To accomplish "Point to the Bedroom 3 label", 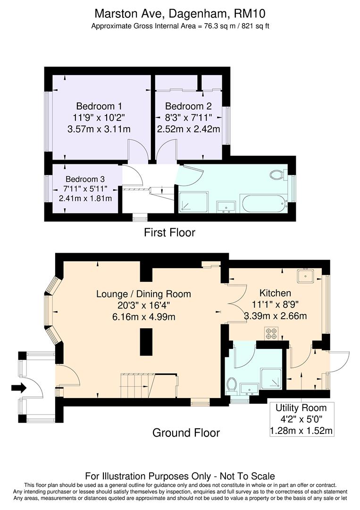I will pyautogui.click(x=85, y=179).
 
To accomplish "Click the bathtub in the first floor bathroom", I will pyautogui.click(x=263, y=204).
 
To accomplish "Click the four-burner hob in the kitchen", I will pyautogui.click(x=271, y=333).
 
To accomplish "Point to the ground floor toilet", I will pyautogui.click(x=232, y=385).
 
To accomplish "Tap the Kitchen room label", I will pyautogui.click(x=275, y=293).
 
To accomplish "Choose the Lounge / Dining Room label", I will pyautogui.click(x=143, y=294).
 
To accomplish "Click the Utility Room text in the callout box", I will pyautogui.click(x=301, y=408).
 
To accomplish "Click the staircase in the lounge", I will pyautogui.click(x=137, y=385).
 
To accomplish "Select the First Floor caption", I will pyautogui.click(x=170, y=232).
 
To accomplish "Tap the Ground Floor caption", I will pyautogui.click(x=186, y=433).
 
